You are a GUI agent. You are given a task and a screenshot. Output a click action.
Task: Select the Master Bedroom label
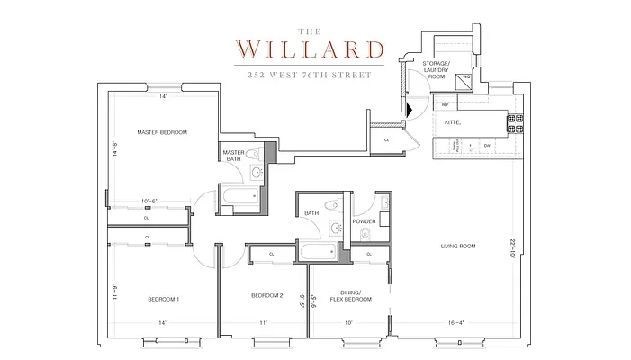pos(162,132)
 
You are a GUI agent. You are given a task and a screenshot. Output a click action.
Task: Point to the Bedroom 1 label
pos(165,298)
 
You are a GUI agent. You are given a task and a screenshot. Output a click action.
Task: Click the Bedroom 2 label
pos(267,295)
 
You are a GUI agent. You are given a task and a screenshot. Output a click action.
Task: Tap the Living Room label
pos(458,246)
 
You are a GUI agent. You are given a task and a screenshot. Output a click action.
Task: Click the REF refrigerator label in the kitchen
pos(445,105)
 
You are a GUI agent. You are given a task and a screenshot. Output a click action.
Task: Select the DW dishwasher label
pos(487,145)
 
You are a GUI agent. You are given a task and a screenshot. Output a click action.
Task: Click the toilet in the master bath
pos(253,155)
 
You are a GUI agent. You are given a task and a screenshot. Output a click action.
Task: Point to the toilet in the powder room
pos(365,235)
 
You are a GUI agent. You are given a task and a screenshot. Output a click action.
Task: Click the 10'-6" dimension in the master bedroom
pos(150,201)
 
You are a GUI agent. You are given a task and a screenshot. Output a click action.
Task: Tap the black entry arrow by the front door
pos(410,109)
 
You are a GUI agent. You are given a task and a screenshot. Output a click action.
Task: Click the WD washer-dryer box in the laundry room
pos(466,76)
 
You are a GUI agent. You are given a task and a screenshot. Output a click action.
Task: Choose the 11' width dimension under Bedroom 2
pos(264,322)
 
